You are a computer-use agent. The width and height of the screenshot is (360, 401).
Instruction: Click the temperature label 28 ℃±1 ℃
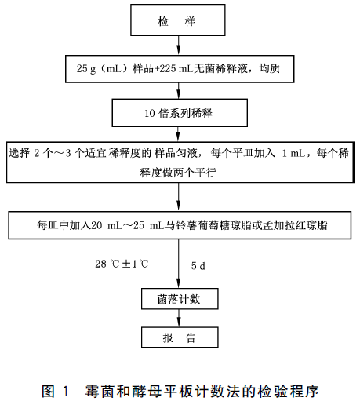(x=122, y=264)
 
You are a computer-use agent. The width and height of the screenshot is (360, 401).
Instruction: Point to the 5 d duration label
(x=198, y=266)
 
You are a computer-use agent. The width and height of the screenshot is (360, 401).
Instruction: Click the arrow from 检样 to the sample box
(x=179, y=46)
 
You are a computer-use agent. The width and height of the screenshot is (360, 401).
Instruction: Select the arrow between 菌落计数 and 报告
(x=179, y=318)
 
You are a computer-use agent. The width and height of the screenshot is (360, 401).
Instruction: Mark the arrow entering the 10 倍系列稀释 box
(x=179, y=91)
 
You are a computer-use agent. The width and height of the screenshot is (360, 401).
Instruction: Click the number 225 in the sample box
(x=168, y=68)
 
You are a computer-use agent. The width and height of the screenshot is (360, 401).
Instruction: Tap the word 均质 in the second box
(x=269, y=68)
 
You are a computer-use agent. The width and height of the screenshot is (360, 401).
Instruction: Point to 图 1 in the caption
(x=55, y=391)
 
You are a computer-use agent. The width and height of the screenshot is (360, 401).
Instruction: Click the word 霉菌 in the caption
(x=98, y=391)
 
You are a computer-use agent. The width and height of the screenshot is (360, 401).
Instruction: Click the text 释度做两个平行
(x=178, y=173)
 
